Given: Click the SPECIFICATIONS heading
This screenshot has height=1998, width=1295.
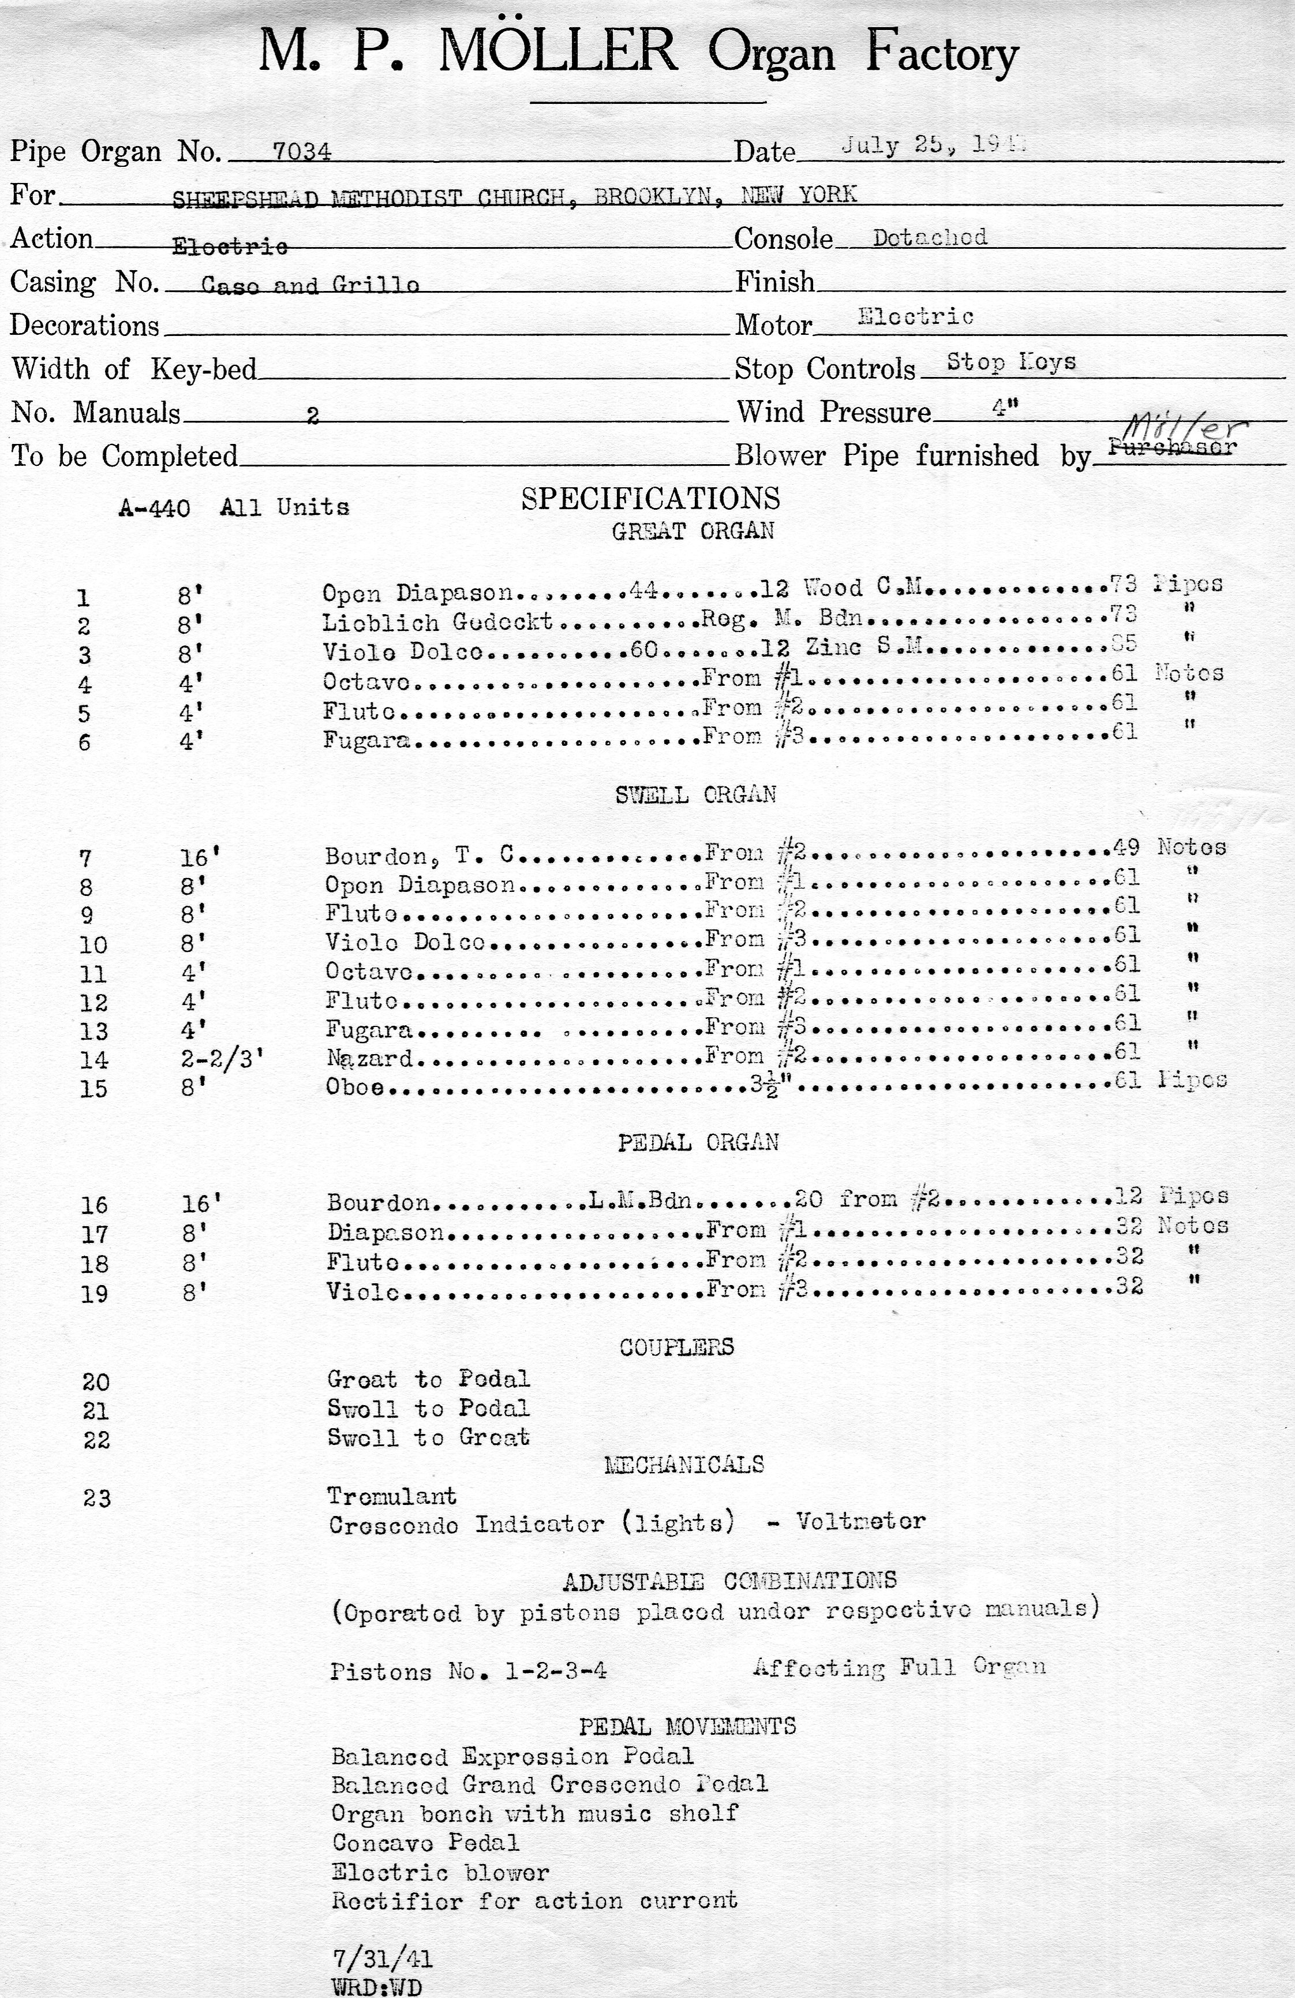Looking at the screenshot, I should click(x=650, y=499).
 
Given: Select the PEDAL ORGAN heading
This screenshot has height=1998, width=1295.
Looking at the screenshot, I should click(x=698, y=1142).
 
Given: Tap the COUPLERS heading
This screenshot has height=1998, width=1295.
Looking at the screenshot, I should click(x=676, y=1347).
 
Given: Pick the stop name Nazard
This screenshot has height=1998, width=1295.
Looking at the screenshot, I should click(x=370, y=1059).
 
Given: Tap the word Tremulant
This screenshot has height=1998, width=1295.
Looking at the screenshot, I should click(x=392, y=1496).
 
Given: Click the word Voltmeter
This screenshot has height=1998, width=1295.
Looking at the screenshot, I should click(x=861, y=1521).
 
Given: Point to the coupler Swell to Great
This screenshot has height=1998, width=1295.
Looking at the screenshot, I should click(x=429, y=1437).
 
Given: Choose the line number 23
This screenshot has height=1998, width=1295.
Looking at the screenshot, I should click(x=96, y=1499).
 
